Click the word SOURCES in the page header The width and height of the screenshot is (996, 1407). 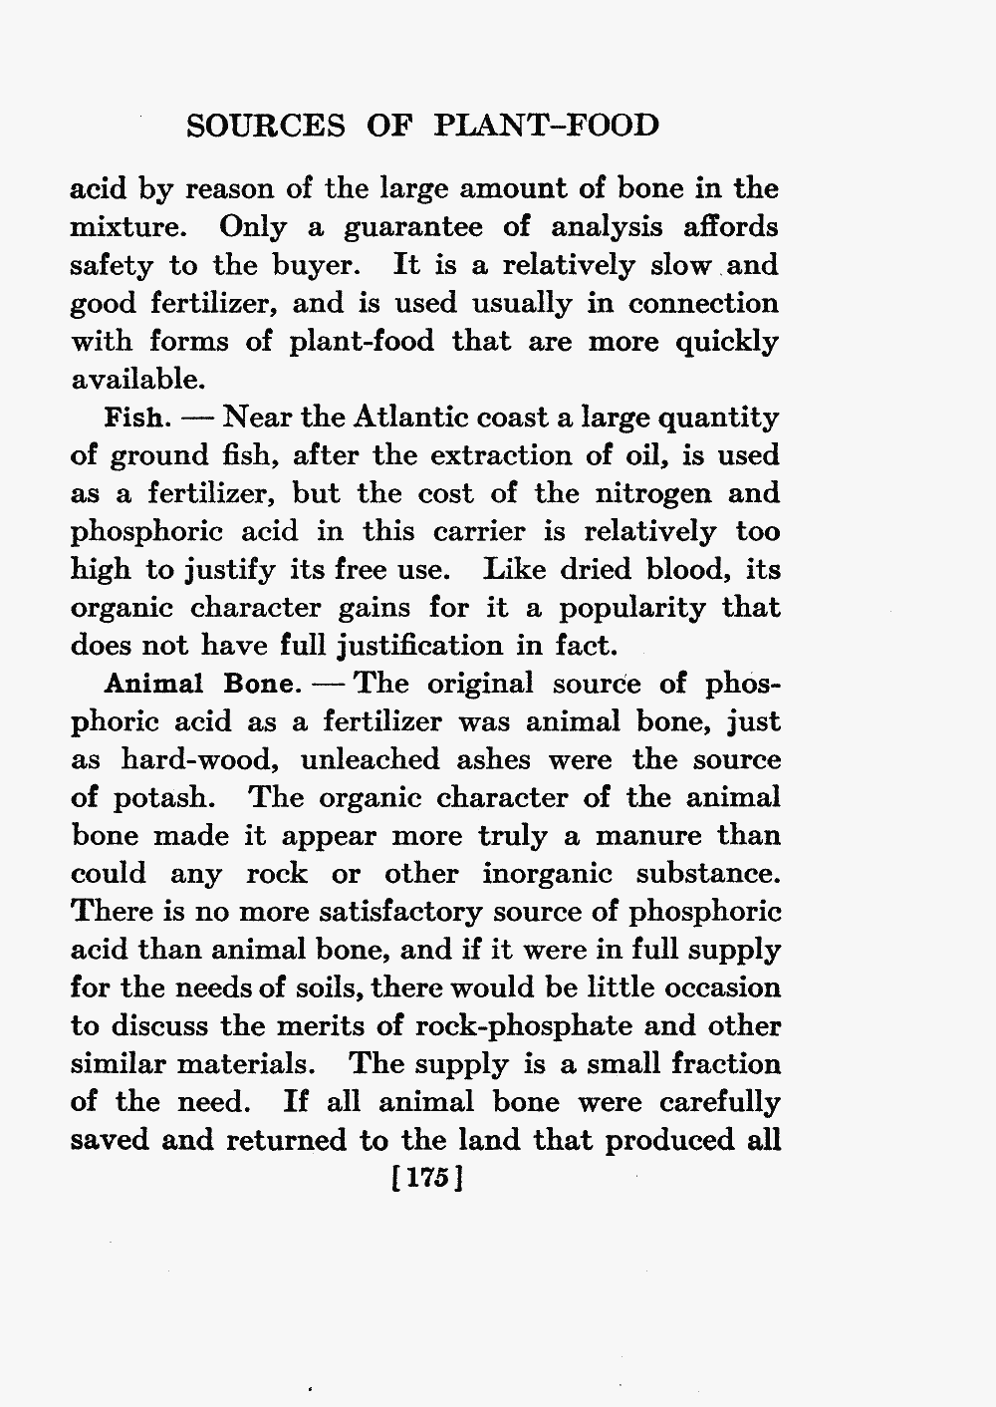click(266, 126)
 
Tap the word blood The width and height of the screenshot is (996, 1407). click(684, 570)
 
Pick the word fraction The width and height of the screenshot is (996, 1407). click(726, 1063)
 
